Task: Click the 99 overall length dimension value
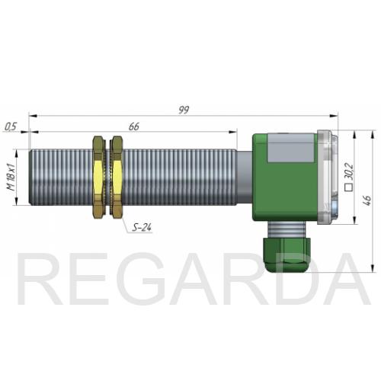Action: tap(184, 110)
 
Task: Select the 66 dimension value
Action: tap(134, 126)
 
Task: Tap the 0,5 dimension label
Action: tap(11, 126)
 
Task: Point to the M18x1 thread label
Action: tap(11, 177)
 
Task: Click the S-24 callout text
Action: tap(142, 227)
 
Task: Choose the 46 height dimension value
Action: tap(367, 200)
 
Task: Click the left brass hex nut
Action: tap(99, 178)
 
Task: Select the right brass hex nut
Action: tap(117, 178)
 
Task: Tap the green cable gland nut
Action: tap(287, 255)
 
